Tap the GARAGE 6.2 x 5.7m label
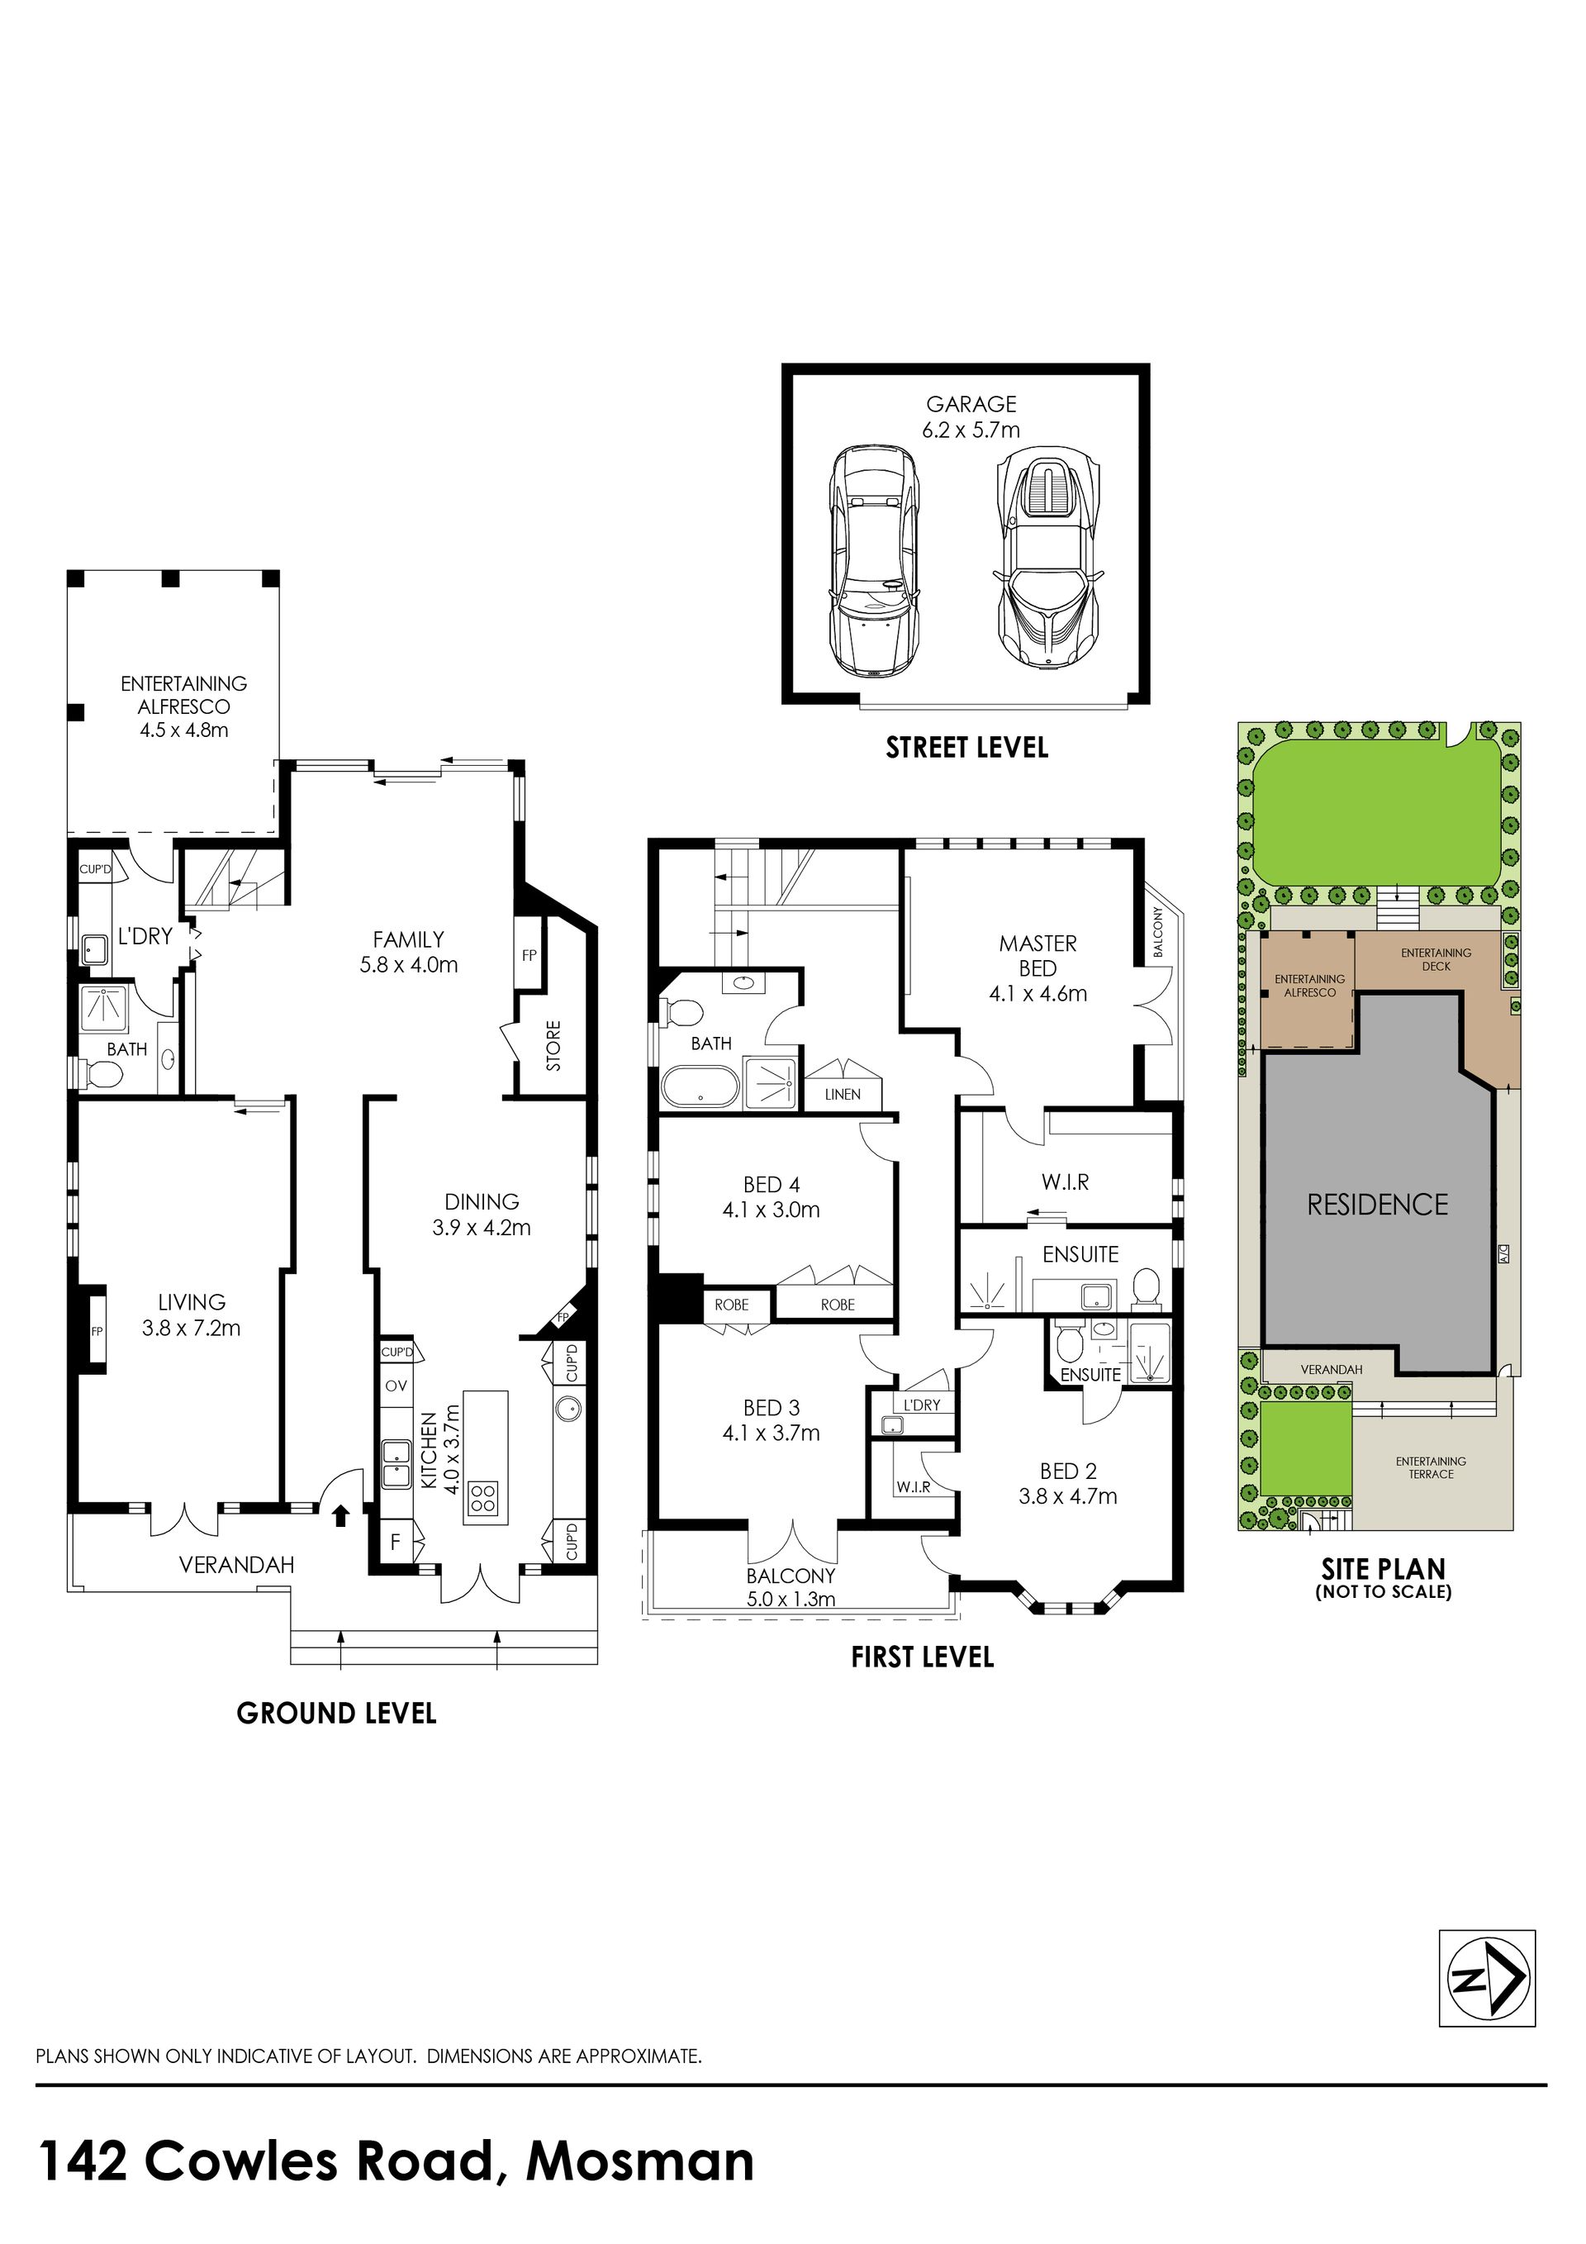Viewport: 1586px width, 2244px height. (971, 416)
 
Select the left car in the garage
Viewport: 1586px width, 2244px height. (875, 560)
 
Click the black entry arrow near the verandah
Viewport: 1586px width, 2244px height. (340, 1516)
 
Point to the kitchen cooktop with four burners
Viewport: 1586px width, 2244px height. (485, 1497)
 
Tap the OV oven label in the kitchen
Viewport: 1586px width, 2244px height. (396, 1386)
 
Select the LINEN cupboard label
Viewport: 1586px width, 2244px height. (843, 1095)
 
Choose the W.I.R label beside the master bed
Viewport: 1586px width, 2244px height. (1064, 1182)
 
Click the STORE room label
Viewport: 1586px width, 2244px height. (554, 1046)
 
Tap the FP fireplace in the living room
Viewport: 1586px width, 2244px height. (97, 1331)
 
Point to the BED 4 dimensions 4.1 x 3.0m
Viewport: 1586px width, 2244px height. (771, 1210)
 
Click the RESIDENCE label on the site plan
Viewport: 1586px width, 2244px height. (1378, 1205)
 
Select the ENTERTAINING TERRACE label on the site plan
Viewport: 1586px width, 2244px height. (1431, 1467)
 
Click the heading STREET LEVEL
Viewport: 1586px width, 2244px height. (966, 749)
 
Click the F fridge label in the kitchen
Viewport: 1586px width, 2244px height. (395, 1543)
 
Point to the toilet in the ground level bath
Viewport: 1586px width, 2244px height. (103, 1076)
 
